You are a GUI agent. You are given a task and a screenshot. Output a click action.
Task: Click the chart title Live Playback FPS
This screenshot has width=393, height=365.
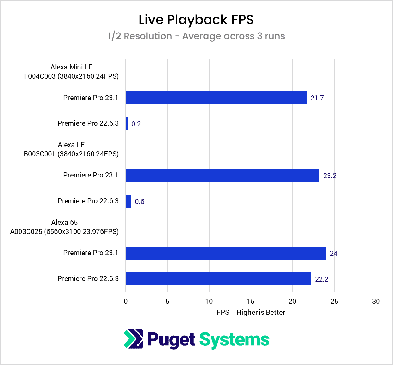(196, 20)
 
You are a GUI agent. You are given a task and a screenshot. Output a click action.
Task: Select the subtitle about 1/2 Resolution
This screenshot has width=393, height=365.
(196, 36)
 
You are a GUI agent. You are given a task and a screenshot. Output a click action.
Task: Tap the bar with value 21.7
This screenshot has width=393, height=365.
(216, 98)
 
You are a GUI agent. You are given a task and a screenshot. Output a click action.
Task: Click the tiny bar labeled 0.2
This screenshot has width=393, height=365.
(127, 123)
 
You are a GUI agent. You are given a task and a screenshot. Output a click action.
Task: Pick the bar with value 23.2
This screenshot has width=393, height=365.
(222, 175)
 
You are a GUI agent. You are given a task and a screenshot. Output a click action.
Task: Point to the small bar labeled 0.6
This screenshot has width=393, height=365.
(128, 201)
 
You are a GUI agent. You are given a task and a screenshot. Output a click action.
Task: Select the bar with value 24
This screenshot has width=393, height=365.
(226, 253)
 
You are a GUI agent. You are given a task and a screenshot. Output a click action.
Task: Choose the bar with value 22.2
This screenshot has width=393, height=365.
(218, 279)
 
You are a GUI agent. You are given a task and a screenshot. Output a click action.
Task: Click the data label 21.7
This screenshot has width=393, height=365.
(317, 98)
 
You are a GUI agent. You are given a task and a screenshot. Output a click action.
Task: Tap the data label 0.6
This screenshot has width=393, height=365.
(139, 201)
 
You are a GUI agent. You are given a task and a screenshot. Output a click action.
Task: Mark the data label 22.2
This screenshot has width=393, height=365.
(321, 279)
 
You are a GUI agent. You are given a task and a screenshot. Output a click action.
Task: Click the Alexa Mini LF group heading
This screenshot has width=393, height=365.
(71, 72)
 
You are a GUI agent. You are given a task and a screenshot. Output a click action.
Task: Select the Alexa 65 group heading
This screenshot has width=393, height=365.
(64, 227)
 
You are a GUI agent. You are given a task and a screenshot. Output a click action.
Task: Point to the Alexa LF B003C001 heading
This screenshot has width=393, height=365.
(71, 149)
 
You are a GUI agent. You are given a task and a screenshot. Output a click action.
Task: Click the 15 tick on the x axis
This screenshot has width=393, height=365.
(251, 301)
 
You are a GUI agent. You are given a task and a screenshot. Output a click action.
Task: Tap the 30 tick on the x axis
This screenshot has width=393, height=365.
(376, 301)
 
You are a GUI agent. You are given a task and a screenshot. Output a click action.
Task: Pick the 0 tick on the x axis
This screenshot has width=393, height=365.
(126, 301)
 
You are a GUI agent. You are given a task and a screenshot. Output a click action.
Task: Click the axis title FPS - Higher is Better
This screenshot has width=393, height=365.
(251, 312)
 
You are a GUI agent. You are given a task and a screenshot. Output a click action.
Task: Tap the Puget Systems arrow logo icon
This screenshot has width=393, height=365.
(133, 339)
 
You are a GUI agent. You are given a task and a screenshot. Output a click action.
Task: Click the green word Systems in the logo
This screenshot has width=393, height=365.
(234, 340)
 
